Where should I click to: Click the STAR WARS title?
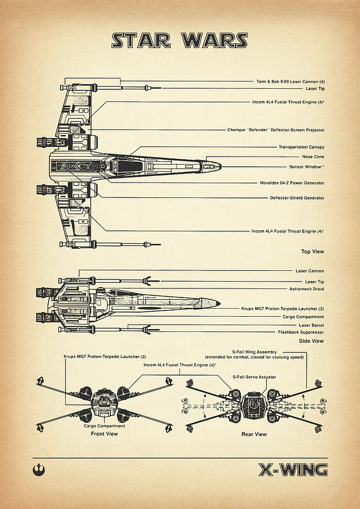[179, 41]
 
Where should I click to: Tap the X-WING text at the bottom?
[293, 469]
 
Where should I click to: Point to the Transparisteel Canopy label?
[301, 147]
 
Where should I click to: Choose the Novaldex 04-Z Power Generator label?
[292, 183]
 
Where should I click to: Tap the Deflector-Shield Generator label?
[297, 198]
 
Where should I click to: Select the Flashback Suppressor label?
[301, 332]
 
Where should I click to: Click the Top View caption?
[313, 251]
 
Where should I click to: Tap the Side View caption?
[311, 341]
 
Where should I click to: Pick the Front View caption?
[104, 434]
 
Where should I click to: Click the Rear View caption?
[254, 434]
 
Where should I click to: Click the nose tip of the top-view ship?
[220, 166]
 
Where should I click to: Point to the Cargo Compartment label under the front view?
[104, 425]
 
